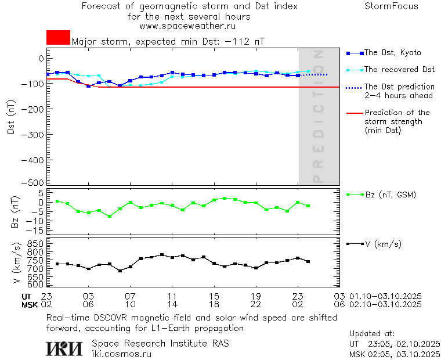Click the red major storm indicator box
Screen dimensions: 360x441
[58, 37]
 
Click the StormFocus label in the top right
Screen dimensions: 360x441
[391, 6]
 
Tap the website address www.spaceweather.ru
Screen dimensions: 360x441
[187, 26]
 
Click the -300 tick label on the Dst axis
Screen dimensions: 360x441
[34, 134]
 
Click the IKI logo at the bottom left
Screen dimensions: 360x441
[64, 348]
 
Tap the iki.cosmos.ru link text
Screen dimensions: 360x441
[121, 354]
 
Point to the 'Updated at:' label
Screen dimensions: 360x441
[371, 334]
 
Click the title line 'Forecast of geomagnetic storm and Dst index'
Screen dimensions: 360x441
[190, 6]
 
